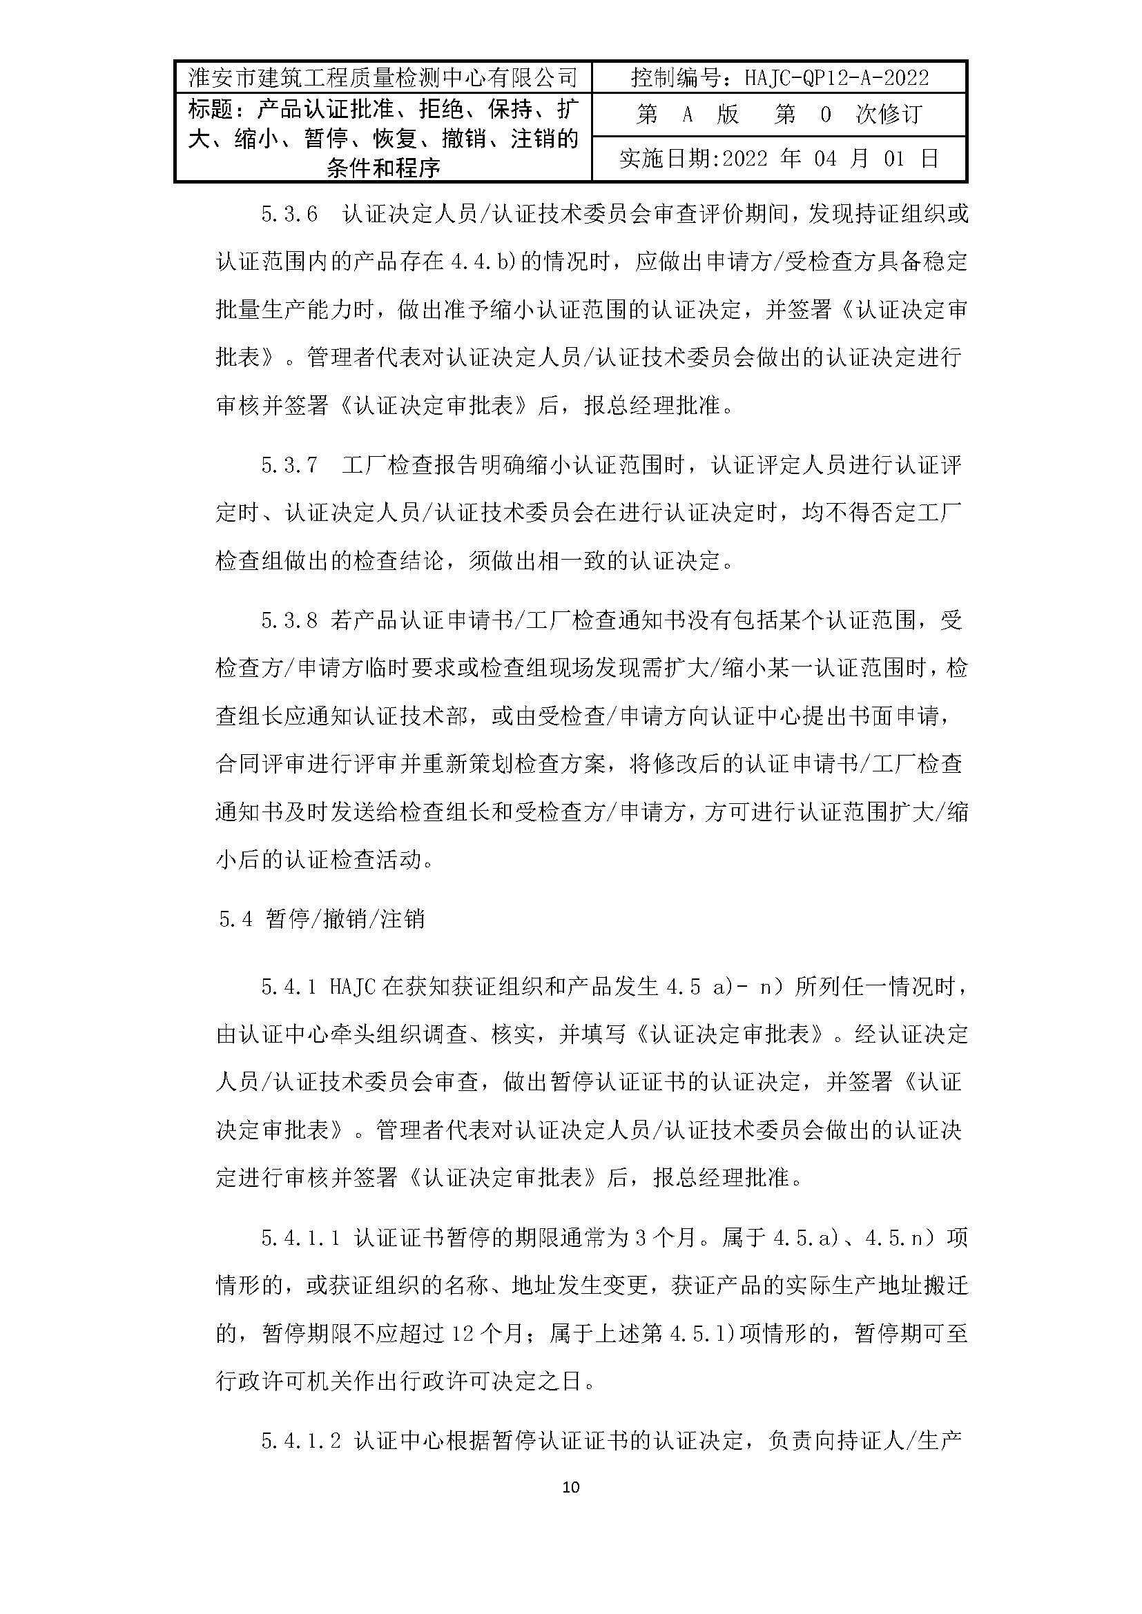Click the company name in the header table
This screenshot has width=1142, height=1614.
click(383, 78)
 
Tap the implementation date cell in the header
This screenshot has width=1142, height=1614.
click(779, 159)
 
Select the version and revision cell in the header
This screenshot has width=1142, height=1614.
click(779, 115)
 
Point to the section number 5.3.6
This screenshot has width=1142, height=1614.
click(290, 214)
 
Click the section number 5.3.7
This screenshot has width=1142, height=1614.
click(290, 466)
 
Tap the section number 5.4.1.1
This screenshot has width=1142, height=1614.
click(301, 1238)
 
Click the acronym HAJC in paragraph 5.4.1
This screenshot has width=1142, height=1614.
click(352, 987)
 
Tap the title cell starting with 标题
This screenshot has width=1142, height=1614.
click(383, 138)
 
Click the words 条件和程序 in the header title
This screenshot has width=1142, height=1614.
click(383, 168)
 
